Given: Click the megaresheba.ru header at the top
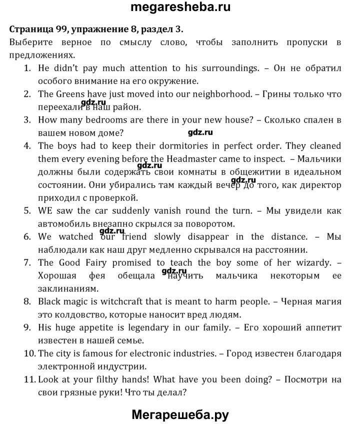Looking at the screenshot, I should pos(180,9).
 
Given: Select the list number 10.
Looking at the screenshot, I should pos(29,353).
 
